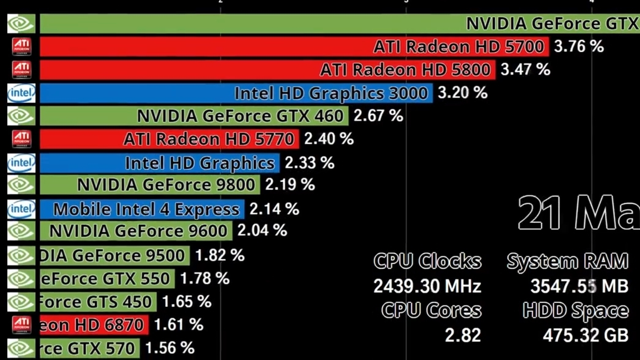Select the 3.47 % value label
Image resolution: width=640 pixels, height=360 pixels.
[x=525, y=70]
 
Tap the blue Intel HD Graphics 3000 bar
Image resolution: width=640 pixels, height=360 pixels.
[x=236, y=93]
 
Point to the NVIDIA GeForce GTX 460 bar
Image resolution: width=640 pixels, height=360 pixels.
[x=194, y=116]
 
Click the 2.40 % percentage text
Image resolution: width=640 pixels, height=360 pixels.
[x=329, y=139]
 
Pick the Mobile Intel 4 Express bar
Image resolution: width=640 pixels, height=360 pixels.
[x=142, y=209]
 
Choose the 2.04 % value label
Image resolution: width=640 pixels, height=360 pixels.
[x=262, y=230]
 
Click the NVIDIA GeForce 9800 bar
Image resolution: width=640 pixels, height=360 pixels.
[x=150, y=185]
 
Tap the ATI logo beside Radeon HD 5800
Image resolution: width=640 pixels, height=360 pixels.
[x=22, y=70]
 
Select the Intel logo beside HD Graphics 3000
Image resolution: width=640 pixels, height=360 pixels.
[x=21, y=93]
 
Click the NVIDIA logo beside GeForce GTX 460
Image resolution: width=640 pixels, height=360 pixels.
[x=21, y=116]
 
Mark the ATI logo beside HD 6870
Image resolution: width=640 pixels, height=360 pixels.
[x=22, y=325]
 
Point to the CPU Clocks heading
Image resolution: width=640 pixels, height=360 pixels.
[x=427, y=261]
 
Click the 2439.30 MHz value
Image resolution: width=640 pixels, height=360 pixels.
[x=427, y=286]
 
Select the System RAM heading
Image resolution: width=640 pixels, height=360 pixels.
[x=567, y=261]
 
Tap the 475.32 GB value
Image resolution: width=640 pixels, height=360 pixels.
[x=586, y=335]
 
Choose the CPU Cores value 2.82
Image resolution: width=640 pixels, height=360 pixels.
[x=463, y=335]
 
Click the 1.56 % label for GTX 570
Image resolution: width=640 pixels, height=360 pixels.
[x=170, y=348]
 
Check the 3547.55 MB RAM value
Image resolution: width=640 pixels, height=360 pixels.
[x=579, y=286]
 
